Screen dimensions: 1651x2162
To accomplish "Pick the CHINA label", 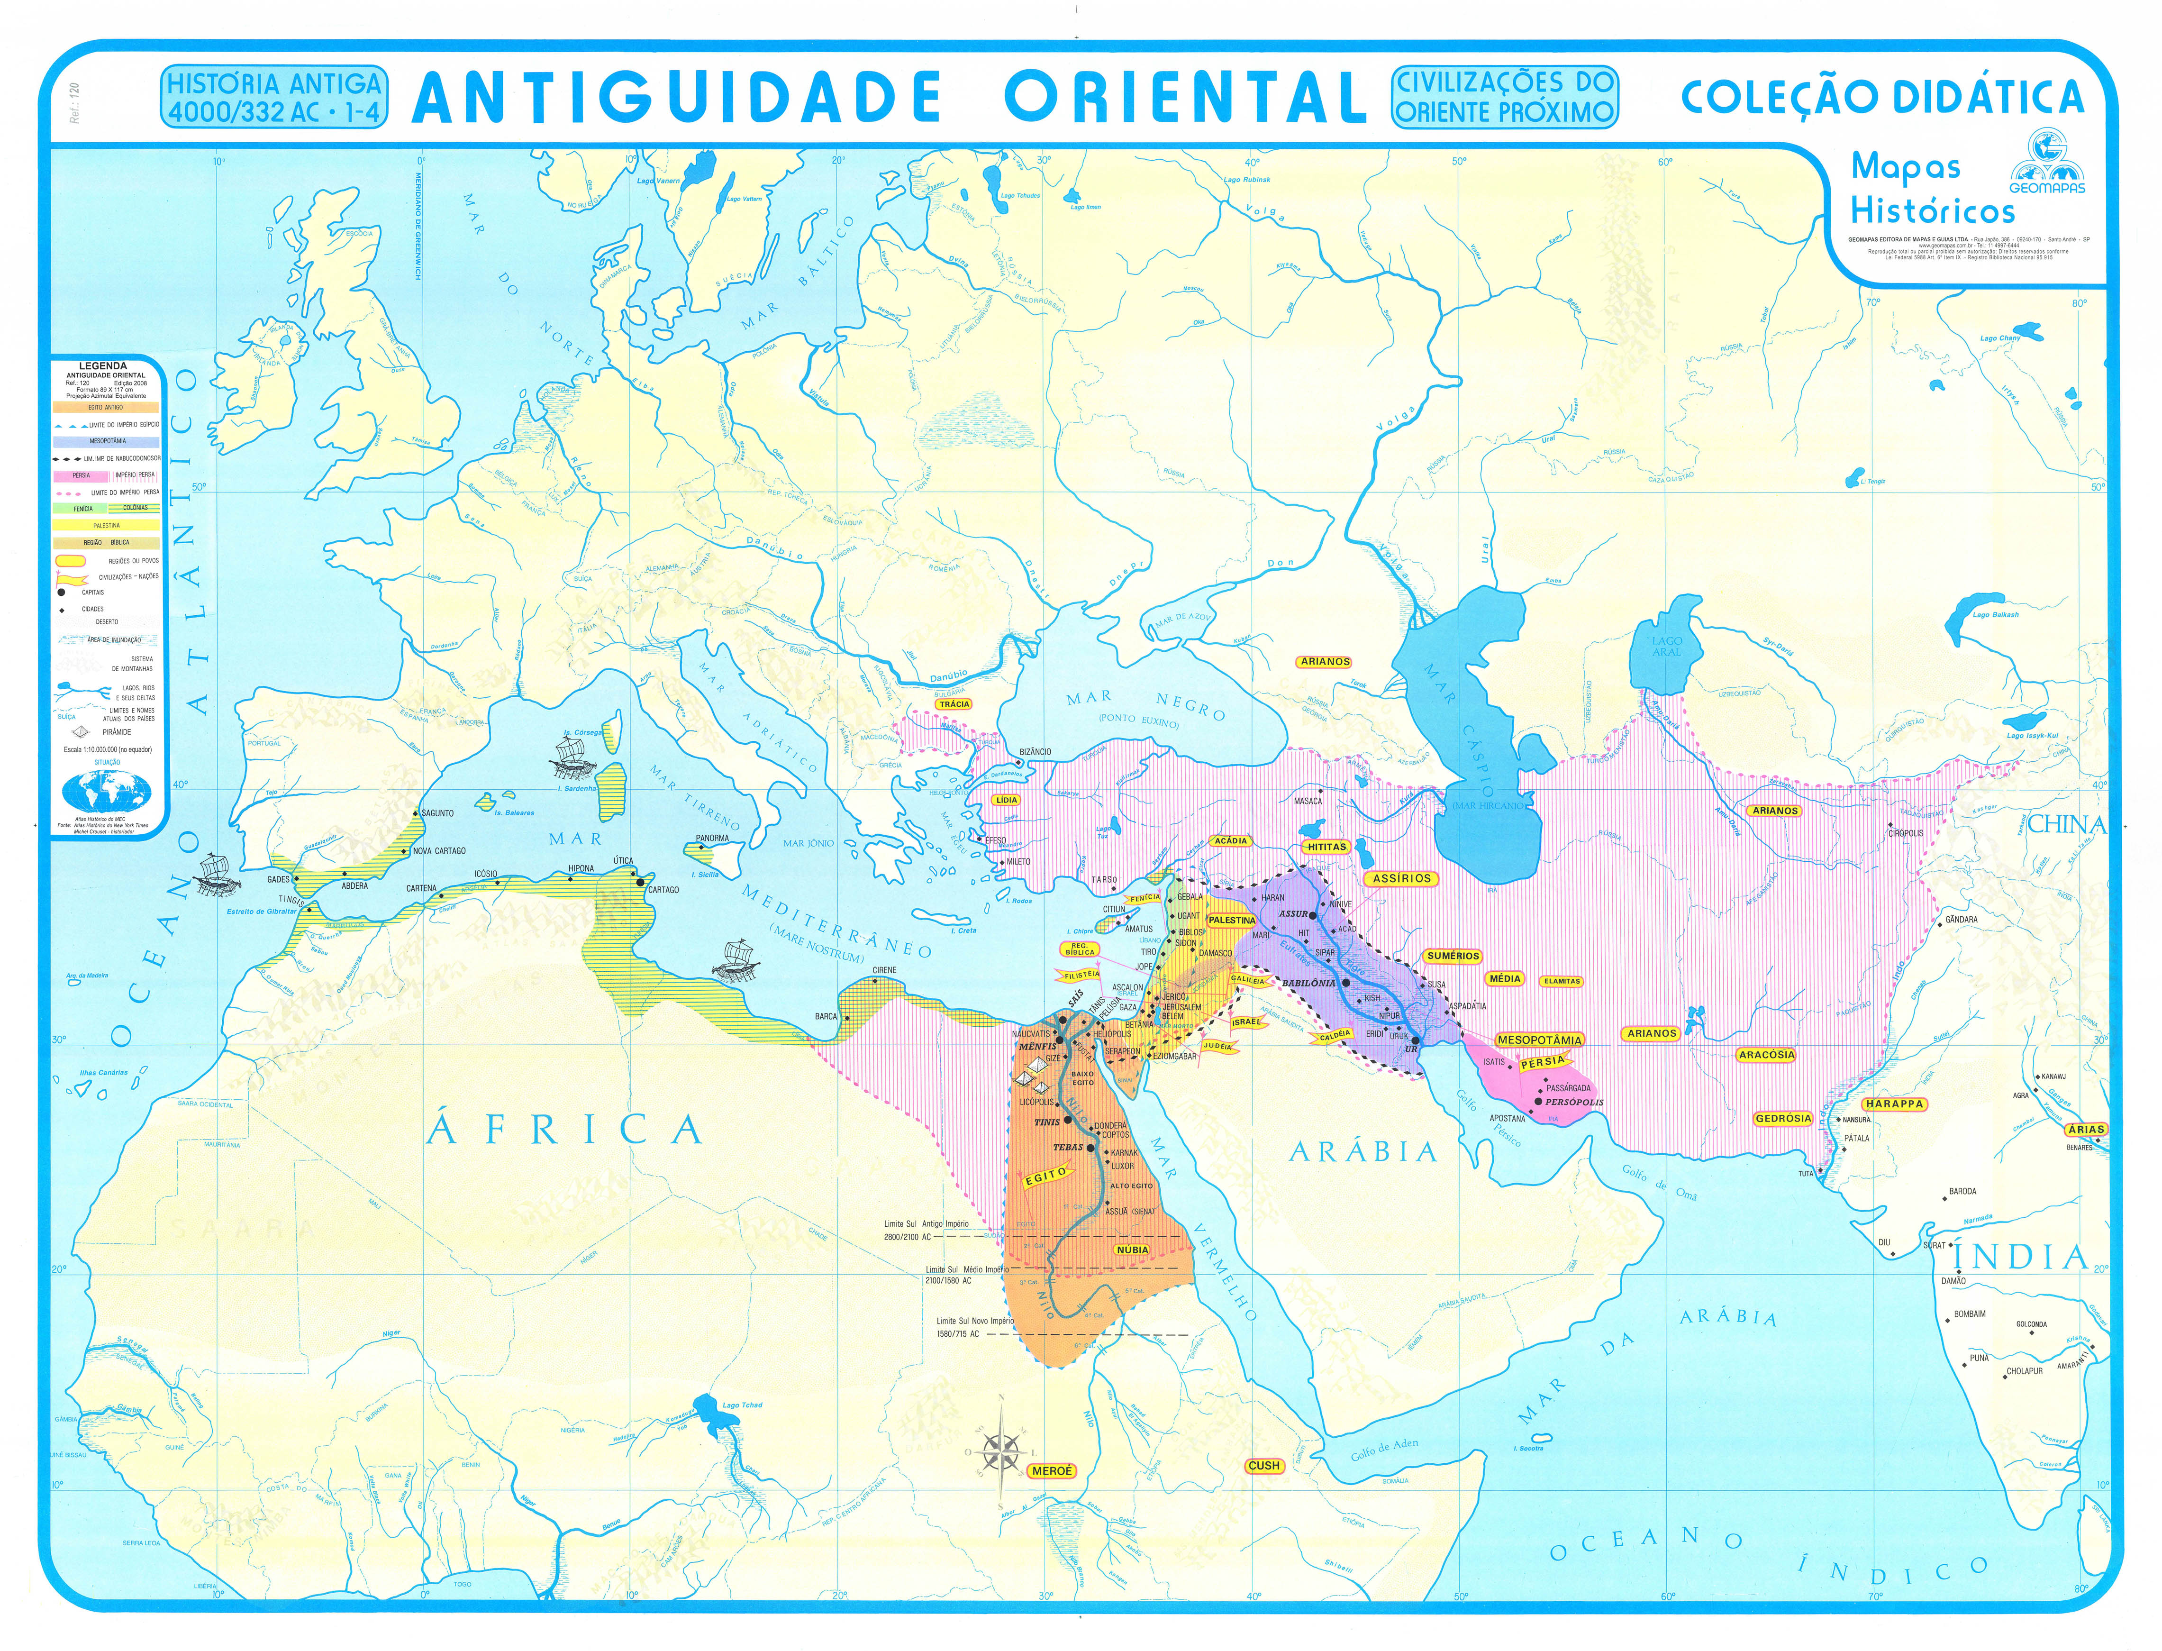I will (x=2067, y=824).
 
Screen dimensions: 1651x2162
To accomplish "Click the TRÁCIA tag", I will (x=954, y=703).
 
